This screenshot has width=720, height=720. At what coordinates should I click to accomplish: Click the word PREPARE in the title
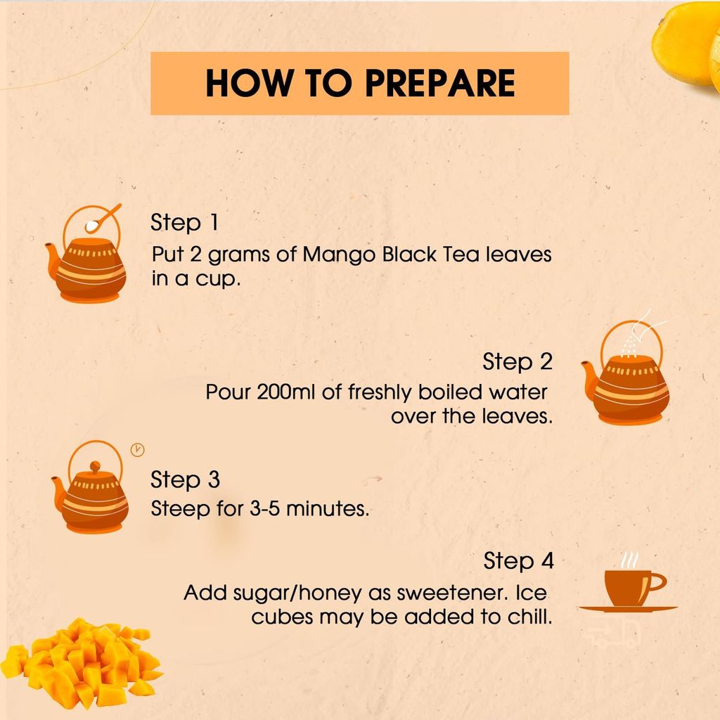coord(439,83)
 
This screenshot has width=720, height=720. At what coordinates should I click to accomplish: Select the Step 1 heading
coord(184,223)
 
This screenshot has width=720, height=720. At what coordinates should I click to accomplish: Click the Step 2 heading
coord(517,362)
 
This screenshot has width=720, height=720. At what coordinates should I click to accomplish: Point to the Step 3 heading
coord(185,480)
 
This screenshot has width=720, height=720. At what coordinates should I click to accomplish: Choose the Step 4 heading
coord(518,561)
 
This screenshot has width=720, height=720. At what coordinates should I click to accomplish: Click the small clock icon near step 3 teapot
coord(138,450)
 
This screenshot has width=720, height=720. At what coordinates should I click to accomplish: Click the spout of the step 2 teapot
coord(588,373)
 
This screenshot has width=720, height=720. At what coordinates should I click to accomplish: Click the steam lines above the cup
coord(629,560)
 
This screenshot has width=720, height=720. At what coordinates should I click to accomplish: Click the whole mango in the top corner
coord(686,42)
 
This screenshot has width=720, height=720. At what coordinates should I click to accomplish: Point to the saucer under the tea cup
coord(627,609)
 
